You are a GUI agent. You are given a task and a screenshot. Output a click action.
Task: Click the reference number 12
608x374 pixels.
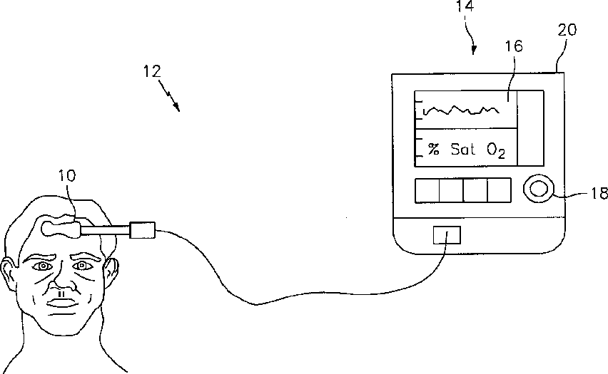pyautogui.click(x=152, y=71)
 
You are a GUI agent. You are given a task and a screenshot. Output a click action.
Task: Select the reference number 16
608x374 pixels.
pyautogui.click(x=513, y=46)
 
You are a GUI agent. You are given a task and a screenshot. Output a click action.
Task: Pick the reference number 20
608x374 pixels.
pyautogui.click(x=568, y=30)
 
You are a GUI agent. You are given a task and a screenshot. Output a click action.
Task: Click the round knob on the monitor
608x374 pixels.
pyautogui.click(x=537, y=189)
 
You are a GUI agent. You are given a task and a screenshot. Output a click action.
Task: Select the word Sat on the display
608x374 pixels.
pyautogui.click(x=462, y=149)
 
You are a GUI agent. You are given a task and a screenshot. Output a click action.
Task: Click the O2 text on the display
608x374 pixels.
pyautogui.click(x=497, y=150)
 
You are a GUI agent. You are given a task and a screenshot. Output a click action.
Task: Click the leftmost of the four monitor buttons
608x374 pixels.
pyautogui.click(x=427, y=190)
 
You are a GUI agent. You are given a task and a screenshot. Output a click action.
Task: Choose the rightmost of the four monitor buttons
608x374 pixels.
pyautogui.click(x=499, y=190)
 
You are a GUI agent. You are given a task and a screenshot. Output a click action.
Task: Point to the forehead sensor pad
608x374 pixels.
pyautogui.click(x=61, y=228)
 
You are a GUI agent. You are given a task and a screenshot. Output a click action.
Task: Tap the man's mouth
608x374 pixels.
pyautogui.click(x=62, y=301)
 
